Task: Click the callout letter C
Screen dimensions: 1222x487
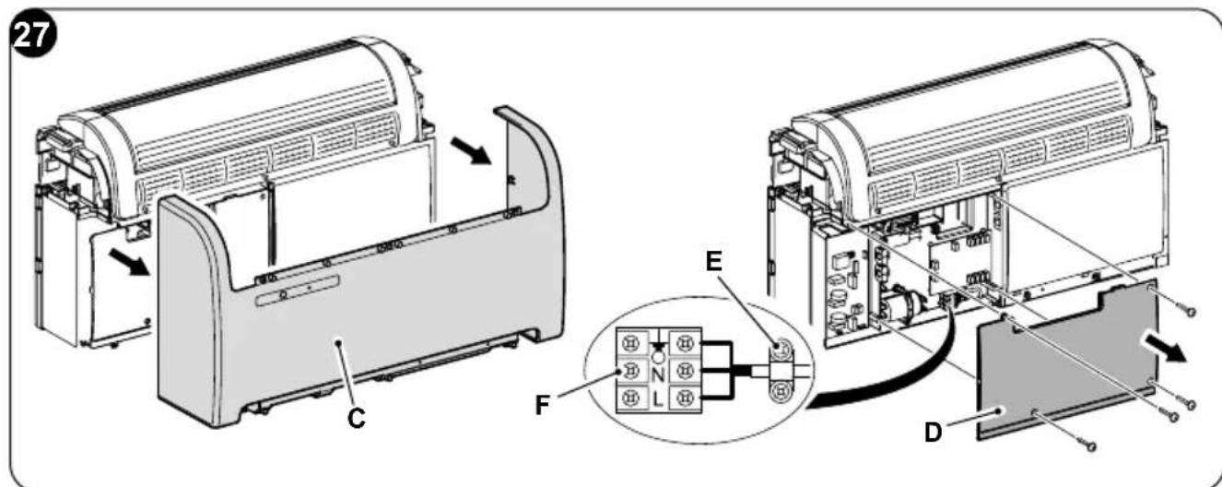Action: (357, 420)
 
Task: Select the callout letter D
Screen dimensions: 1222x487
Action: (934, 433)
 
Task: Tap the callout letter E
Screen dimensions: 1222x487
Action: (713, 262)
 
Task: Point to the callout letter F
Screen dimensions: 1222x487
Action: (542, 405)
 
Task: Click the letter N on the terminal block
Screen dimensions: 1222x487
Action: (659, 374)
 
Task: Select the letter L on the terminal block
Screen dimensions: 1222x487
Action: (658, 400)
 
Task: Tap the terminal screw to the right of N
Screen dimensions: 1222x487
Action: (682, 372)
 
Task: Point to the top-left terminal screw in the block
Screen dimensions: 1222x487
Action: (631, 343)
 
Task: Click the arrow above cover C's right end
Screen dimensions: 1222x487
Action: (471, 150)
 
